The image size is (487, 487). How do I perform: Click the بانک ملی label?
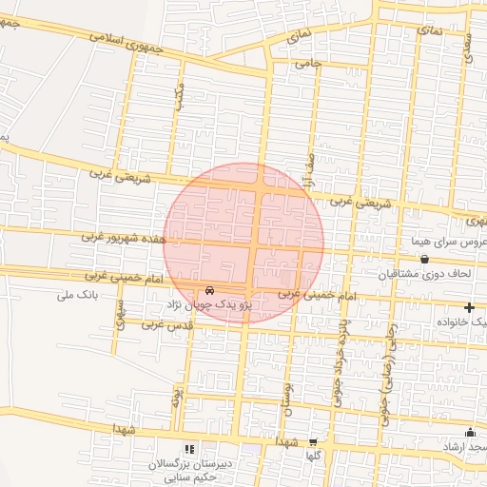pos(77,296)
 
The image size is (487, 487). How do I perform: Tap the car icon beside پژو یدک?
pos(210,290)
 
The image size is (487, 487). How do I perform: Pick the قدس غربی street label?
pos(168,324)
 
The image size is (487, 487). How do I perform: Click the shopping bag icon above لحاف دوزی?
pos(424,259)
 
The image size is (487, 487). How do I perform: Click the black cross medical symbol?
pos(469,307)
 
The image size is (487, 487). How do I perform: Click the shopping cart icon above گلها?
pos(313,441)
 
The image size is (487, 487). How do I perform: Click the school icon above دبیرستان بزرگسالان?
pos(189,448)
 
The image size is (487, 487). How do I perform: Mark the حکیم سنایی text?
pos(188,477)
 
